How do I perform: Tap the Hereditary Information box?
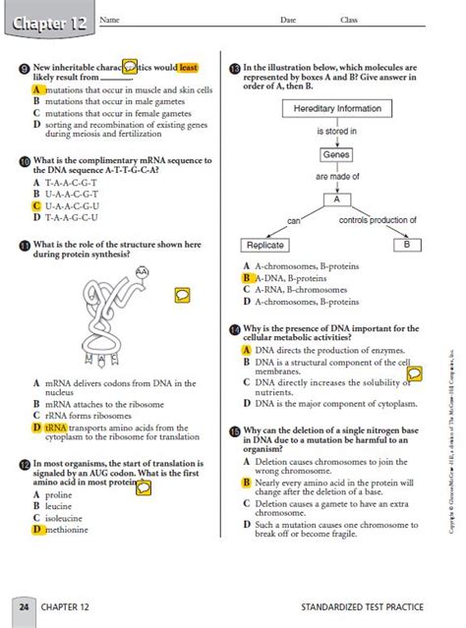[x=337, y=108]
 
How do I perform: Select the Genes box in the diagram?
[x=335, y=155]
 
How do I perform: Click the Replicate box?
[x=264, y=245]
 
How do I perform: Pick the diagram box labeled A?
[x=336, y=200]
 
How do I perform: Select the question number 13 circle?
[x=234, y=69]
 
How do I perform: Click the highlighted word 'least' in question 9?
[x=188, y=68]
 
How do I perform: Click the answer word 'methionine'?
[x=66, y=529]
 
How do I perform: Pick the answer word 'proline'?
[x=59, y=494]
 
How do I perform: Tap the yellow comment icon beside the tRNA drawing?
[x=182, y=295]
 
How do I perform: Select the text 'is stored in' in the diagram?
[x=336, y=131]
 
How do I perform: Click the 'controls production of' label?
[x=378, y=220]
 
